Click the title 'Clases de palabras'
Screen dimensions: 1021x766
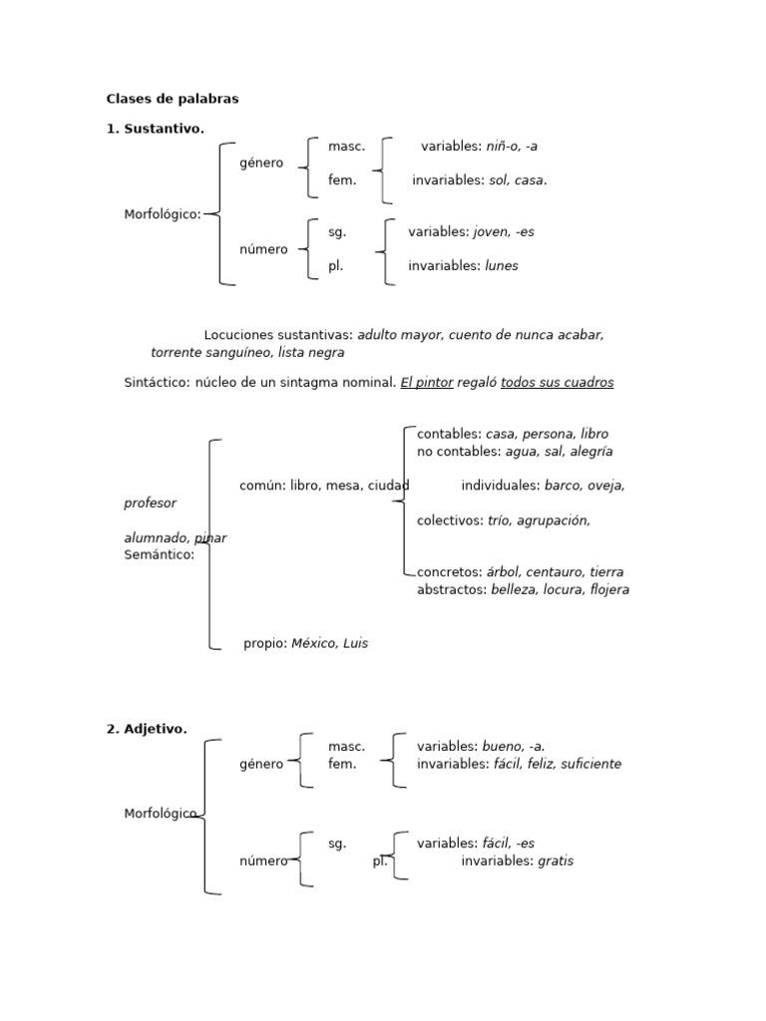tap(173, 99)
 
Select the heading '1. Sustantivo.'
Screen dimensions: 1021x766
tap(156, 129)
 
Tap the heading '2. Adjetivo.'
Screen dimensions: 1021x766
tap(147, 729)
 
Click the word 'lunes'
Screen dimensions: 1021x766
tap(502, 266)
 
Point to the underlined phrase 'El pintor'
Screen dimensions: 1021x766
tap(427, 382)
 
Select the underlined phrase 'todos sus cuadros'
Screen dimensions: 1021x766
tap(558, 382)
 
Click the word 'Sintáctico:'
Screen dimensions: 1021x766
tap(157, 382)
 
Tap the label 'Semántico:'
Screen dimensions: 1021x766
tap(160, 555)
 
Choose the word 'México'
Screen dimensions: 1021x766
tap(314, 643)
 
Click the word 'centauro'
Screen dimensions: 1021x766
tap(555, 572)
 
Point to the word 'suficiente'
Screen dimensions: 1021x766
tap(590, 764)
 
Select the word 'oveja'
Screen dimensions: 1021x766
tap(606, 486)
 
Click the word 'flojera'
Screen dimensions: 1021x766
tap(609, 589)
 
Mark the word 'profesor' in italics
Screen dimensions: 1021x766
tap(150, 504)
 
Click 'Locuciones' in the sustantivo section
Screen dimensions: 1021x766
tap(239, 335)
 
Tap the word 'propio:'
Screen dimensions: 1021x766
tap(265, 643)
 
